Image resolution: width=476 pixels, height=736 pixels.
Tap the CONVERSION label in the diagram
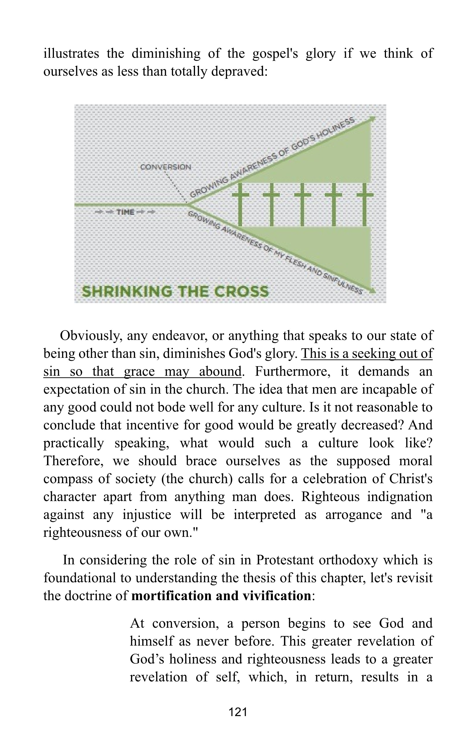coord(166,167)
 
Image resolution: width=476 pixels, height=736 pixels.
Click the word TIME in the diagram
coord(125,212)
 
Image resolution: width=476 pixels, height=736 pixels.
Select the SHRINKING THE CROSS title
coord(175,291)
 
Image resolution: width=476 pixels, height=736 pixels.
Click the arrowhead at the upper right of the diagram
coord(373,119)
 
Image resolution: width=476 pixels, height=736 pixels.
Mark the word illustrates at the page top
coord(71,53)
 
